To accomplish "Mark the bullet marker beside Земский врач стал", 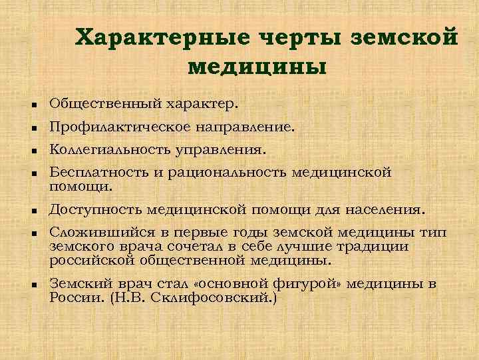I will [x=33, y=285].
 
